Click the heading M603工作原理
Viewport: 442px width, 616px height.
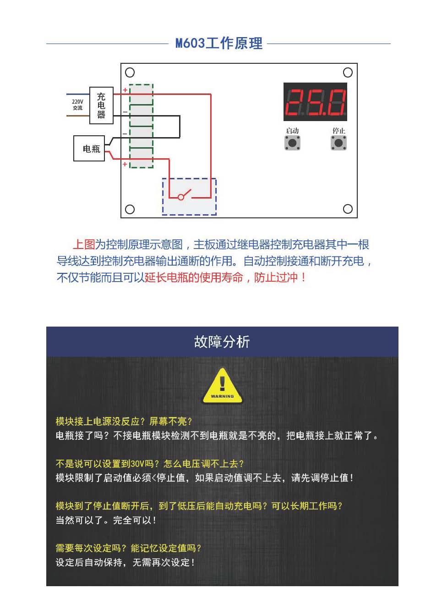[x=219, y=44]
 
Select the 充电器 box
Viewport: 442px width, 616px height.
[x=101, y=105]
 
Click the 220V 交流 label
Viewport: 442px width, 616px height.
[x=77, y=105]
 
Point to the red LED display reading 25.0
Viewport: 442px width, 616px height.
[x=315, y=102]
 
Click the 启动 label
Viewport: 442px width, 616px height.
[x=292, y=131]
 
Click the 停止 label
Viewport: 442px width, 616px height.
[x=338, y=131]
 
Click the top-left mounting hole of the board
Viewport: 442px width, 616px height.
[x=130, y=72]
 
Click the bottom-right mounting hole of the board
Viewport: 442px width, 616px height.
[x=348, y=209]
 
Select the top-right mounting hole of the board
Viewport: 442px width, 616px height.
[x=348, y=72]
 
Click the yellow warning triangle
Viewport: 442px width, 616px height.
[x=222, y=387]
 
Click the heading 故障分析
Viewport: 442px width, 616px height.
[x=222, y=342]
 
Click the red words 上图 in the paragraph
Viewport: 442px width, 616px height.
[x=84, y=244]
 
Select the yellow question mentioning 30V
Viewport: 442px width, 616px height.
[x=149, y=464]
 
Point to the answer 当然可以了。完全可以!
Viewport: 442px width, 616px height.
[x=106, y=520]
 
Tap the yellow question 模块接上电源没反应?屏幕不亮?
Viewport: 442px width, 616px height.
[x=124, y=421]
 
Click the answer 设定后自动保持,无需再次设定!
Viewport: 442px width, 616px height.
[x=125, y=562]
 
